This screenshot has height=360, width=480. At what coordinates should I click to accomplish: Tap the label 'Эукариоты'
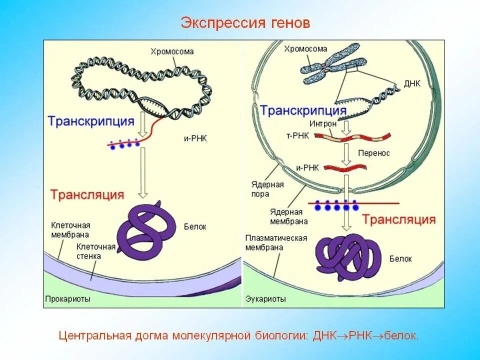(x=265, y=299)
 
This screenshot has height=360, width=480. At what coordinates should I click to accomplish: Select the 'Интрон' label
(x=322, y=122)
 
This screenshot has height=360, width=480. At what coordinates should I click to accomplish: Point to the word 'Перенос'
(x=374, y=153)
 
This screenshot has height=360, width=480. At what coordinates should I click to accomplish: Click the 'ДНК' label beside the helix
(x=412, y=83)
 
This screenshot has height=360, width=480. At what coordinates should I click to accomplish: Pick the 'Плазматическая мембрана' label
(x=276, y=243)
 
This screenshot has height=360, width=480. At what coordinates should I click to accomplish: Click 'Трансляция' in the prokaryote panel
(x=86, y=194)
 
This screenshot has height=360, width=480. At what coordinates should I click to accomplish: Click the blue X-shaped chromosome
(x=330, y=69)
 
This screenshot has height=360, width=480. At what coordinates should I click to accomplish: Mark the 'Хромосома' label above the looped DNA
(x=172, y=51)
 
